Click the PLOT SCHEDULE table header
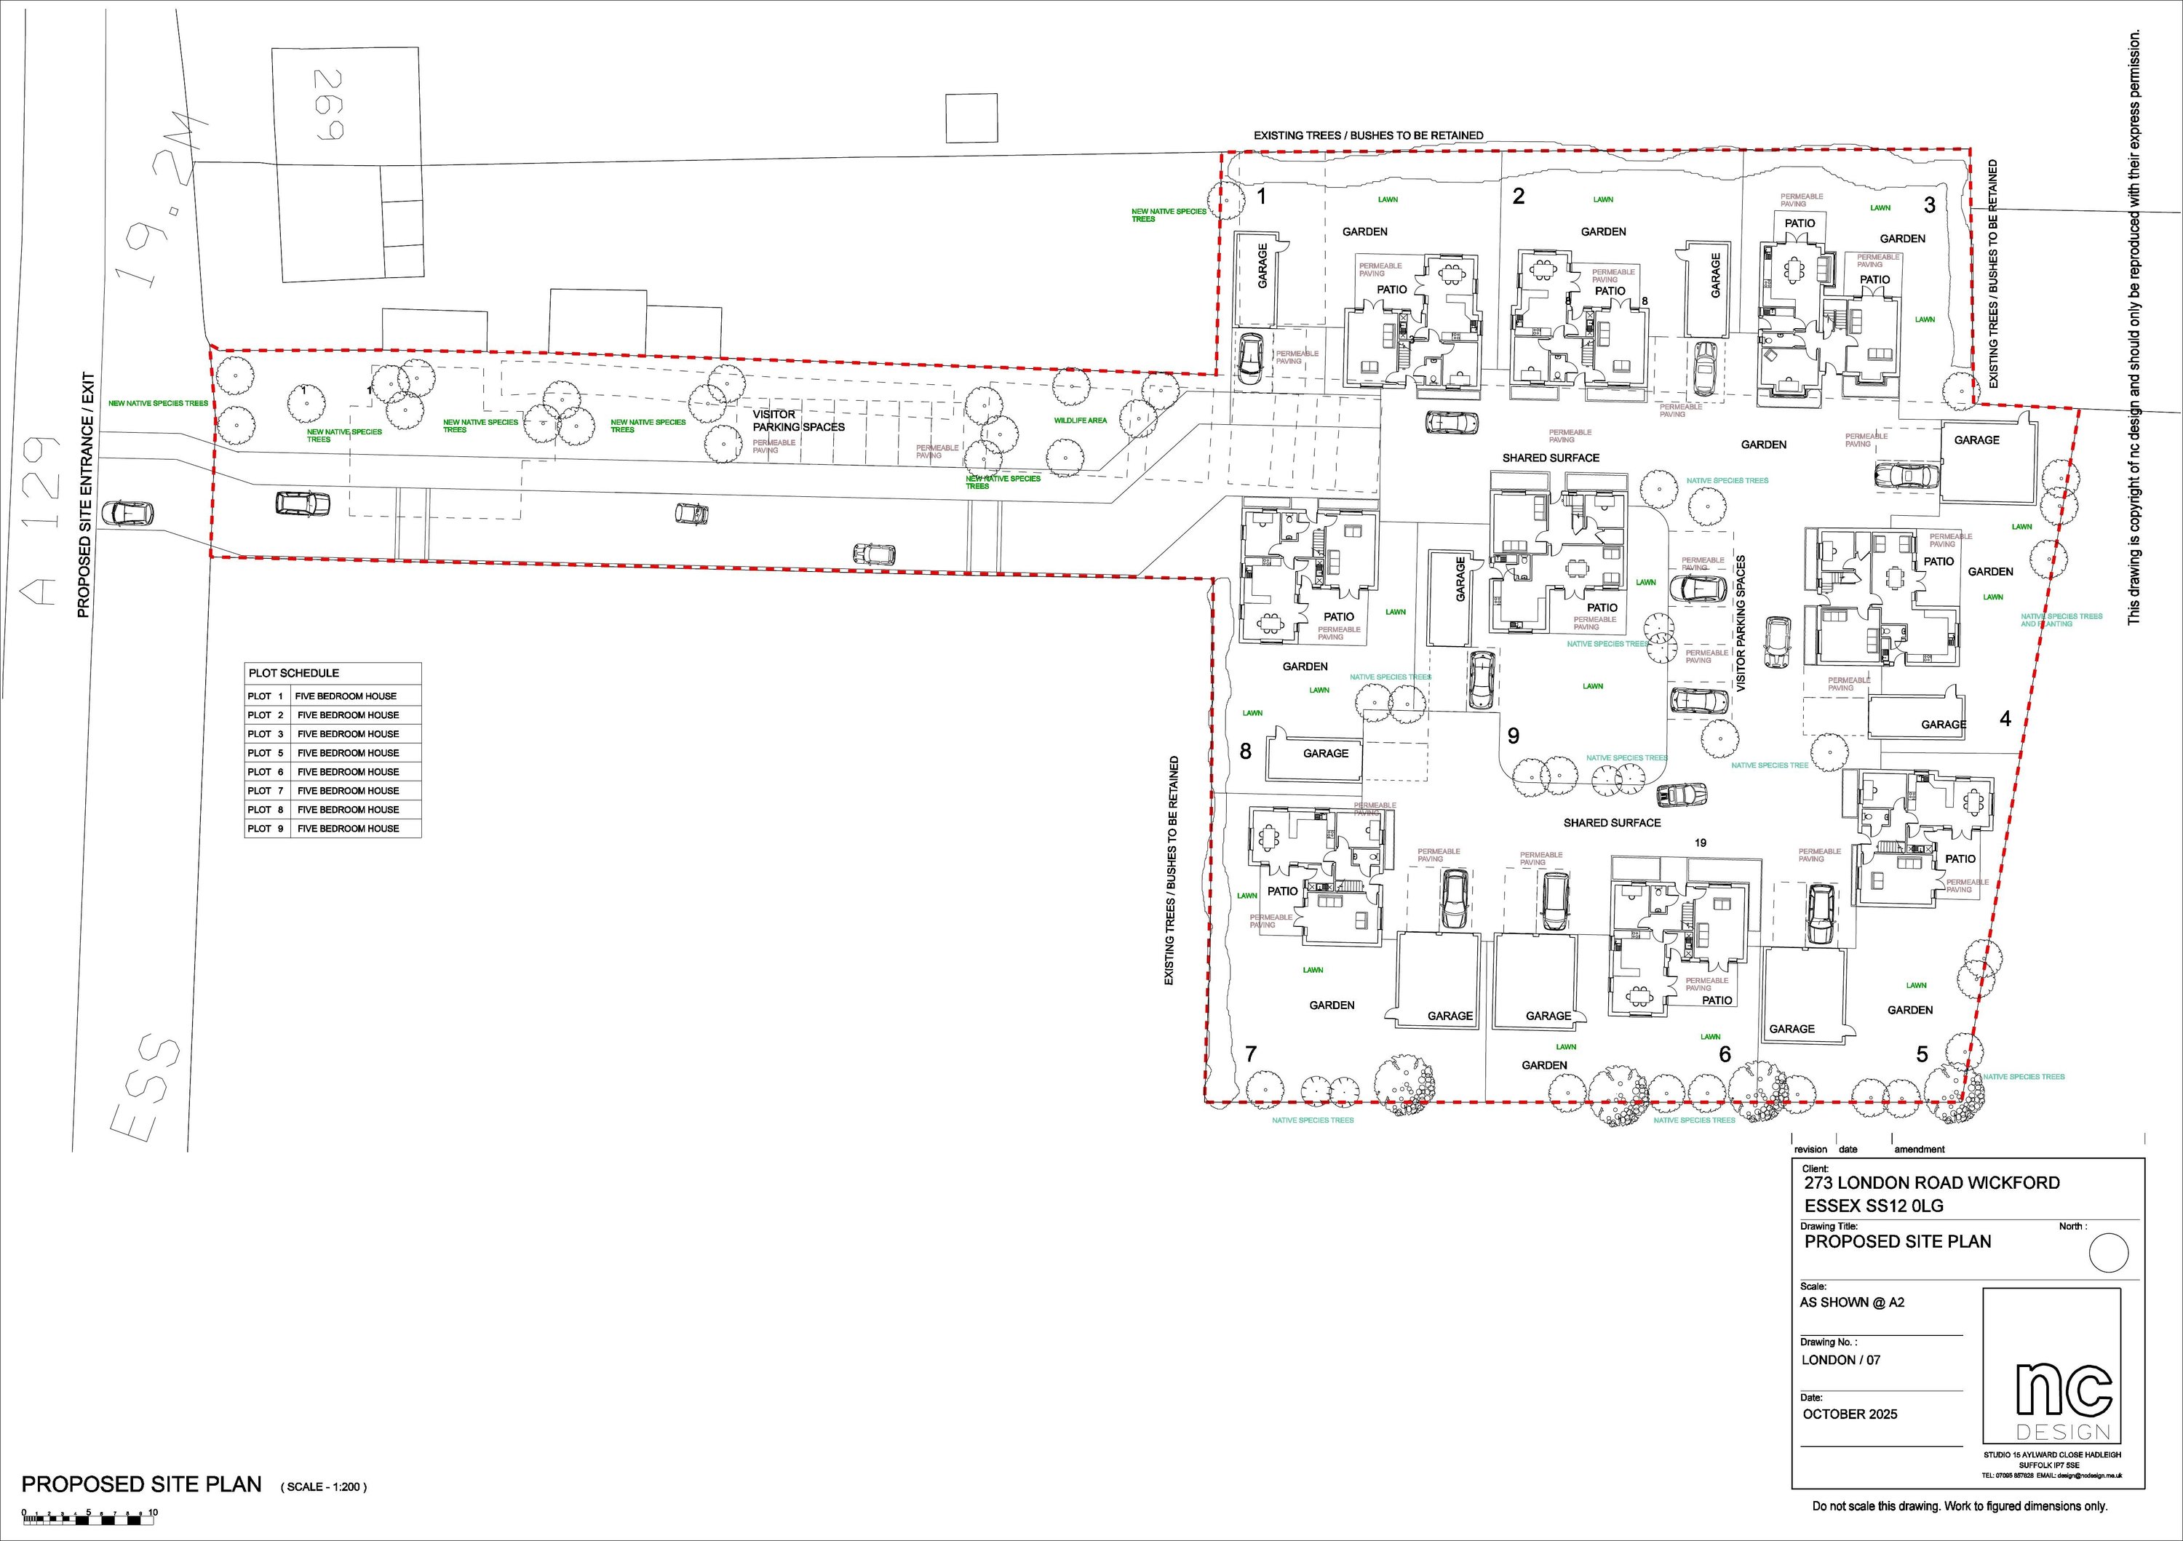pos(294,673)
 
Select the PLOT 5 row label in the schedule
pos(266,753)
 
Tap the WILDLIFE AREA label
pos(1080,421)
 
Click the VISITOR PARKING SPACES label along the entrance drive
pos(799,421)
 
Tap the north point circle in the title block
pos(2108,1252)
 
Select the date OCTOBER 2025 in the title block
pos(1849,1414)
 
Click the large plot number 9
pos(1514,736)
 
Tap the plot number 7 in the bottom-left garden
pos(1252,1054)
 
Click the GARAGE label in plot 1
pos(1263,266)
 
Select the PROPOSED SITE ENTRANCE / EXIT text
pos(84,494)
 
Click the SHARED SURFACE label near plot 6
pos(1612,822)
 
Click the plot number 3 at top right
pos(1929,204)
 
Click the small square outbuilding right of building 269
pos(971,119)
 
